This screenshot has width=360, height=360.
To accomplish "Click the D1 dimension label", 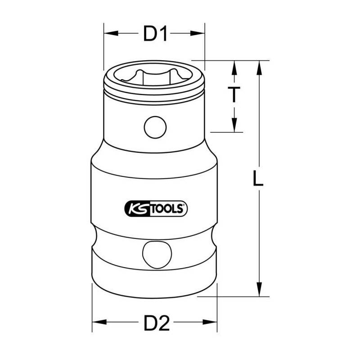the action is click(x=155, y=33).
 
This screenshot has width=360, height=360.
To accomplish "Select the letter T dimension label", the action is click(x=234, y=94).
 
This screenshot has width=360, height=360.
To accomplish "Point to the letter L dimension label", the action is click(x=258, y=177).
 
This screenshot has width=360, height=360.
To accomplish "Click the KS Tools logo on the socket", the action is click(x=156, y=209).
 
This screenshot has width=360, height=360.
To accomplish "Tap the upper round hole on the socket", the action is click(x=155, y=127).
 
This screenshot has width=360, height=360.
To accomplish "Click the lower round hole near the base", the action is click(x=157, y=255).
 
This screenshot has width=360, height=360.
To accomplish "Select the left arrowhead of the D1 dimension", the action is click(x=111, y=33).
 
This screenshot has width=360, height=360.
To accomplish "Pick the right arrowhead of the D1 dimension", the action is click(x=197, y=33).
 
